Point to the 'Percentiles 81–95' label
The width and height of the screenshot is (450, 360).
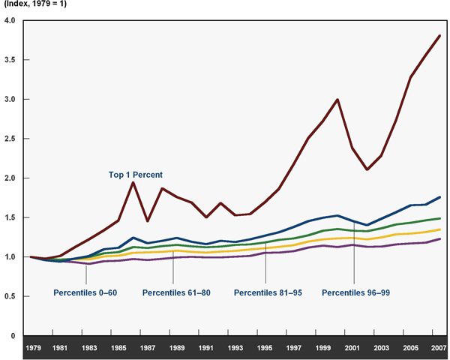click(x=268, y=292)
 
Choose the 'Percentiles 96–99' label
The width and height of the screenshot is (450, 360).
click(x=355, y=292)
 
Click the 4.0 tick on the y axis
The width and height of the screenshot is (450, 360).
click(x=10, y=20)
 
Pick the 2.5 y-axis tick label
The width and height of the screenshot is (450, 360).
click(x=10, y=139)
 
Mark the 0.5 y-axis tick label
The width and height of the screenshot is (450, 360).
click(x=10, y=297)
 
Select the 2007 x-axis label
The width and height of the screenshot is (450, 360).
click(x=439, y=348)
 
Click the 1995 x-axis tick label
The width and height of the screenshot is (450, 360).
click(x=264, y=348)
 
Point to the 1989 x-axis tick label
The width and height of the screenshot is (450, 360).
click(x=176, y=348)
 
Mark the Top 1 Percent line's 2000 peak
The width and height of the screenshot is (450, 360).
click(x=337, y=100)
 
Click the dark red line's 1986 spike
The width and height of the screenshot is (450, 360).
click(x=133, y=182)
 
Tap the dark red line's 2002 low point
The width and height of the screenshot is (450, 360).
click(x=367, y=169)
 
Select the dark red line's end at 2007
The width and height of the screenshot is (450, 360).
click(x=439, y=36)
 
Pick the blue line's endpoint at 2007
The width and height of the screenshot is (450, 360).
click(x=439, y=197)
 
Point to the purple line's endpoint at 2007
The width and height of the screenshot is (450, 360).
click(x=439, y=239)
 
